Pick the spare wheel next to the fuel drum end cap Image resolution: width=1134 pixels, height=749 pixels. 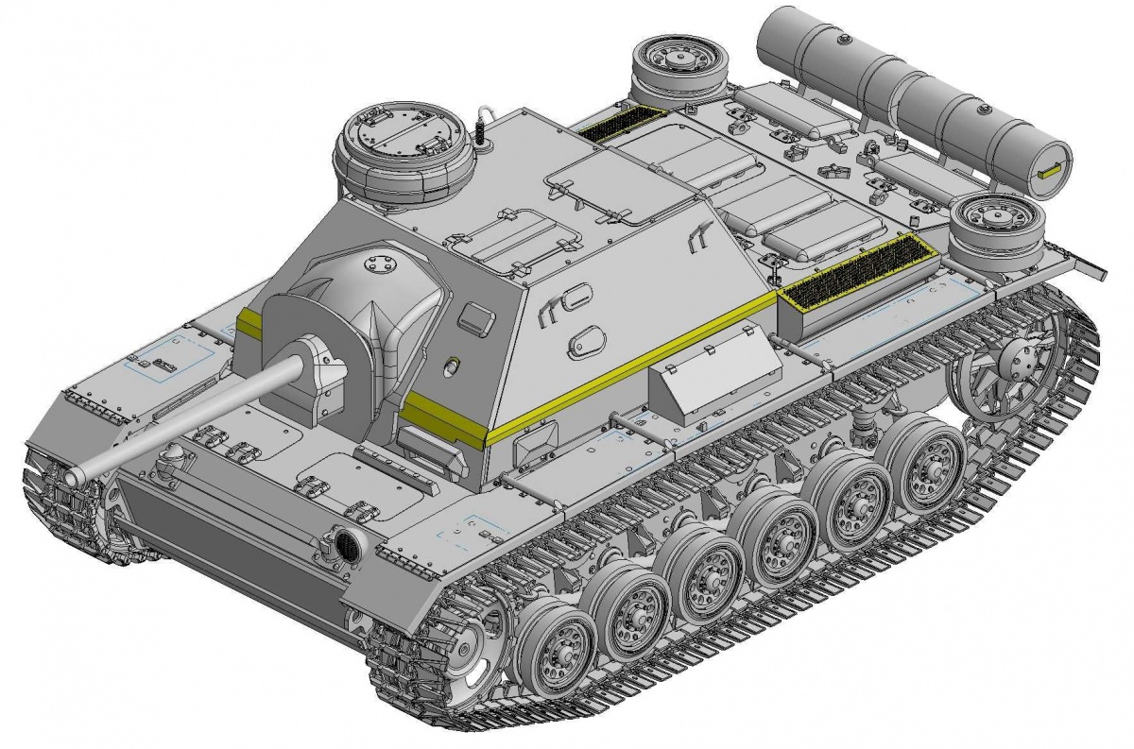pyautogui.click(x=997, y=230)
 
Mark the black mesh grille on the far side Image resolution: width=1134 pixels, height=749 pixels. pyautogui.click(x=621, y=123)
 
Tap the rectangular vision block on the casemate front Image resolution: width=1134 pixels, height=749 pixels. pyautogui.click(x=475, y=318)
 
